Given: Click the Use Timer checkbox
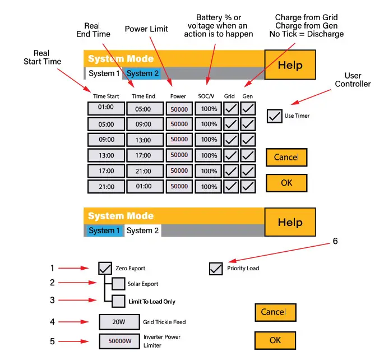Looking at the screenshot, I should [275, 116].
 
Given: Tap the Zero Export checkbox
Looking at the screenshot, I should [105, 268].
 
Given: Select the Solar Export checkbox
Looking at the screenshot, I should [118, 284].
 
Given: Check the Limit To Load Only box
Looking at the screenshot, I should [118, 301].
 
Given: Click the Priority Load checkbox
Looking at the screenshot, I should [216, 269].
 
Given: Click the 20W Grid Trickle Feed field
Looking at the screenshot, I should [118, 322].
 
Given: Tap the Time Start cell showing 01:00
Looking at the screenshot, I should [106, 108].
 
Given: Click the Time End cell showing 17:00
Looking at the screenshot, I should [145, 155].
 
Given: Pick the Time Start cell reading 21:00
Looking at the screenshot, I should [106, 186].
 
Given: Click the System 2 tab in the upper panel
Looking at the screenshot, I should [142, 73].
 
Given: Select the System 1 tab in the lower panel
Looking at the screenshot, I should [104, 230].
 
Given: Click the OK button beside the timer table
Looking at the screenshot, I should [286, 183].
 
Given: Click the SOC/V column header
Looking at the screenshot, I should [207, 96].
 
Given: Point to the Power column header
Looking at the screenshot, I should [178, 96].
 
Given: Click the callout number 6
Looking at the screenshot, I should [335, 241].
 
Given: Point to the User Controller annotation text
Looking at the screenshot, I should [353, 80].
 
